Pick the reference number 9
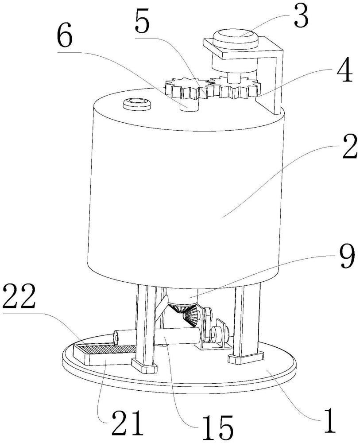coord(347,258)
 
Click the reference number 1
coord(329,420)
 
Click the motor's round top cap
coord(236,39)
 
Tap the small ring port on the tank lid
coord(137,103)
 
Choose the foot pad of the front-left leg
coord(144,366)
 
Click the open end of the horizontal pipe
coord(116,337)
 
